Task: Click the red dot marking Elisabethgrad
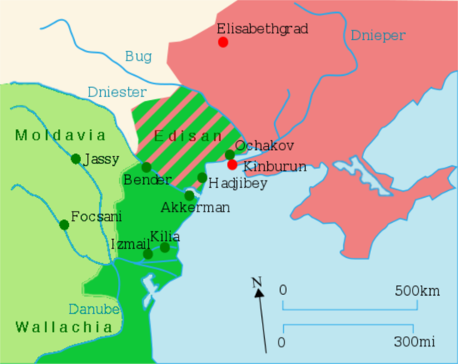(223, 42)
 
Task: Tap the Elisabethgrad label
(263, 28)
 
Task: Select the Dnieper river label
(378, 36)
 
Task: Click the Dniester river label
(117, 92)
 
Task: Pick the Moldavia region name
(60, 136)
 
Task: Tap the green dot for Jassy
(76, 158)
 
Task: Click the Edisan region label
(188, 136)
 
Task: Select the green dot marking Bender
(147, 167)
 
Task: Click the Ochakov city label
(264, 146)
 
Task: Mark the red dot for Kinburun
(232, 165)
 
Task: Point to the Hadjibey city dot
(202, 177)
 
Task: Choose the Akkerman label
(195, 208)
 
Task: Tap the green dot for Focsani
(64, 224)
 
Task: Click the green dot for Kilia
(165, 247)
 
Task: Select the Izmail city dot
(148, 254)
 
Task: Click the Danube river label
(94, 309)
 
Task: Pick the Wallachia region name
(64, 327)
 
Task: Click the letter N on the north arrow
(257, 284)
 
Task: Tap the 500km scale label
(417, 290)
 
